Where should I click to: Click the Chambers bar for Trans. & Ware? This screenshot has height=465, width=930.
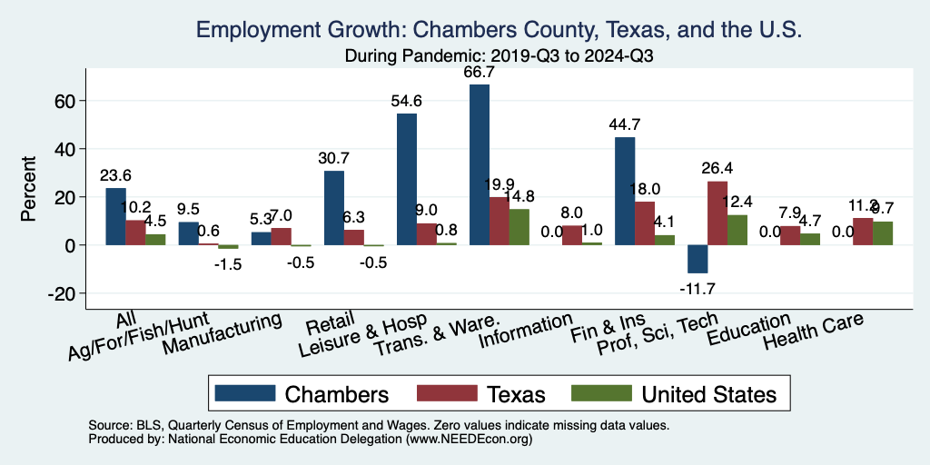click(480, 164)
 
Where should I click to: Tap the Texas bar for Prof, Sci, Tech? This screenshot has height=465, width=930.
click(717, 213)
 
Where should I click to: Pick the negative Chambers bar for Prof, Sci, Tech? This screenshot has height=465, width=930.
click(697, 259)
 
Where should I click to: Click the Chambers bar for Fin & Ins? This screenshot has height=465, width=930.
click(625, 191)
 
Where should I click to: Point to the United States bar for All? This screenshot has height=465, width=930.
click(156, 240)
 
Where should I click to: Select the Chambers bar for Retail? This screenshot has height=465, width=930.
click(334, 208)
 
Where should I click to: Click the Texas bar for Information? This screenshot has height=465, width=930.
click(572, 235)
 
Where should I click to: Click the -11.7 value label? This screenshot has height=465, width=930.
click(697, 290)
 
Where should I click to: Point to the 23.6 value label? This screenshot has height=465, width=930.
click(116, 175)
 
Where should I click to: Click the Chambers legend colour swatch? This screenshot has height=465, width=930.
click(244, 394)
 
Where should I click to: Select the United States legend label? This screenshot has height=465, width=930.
click(708, 394)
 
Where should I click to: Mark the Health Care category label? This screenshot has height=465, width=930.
click(814, 332)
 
